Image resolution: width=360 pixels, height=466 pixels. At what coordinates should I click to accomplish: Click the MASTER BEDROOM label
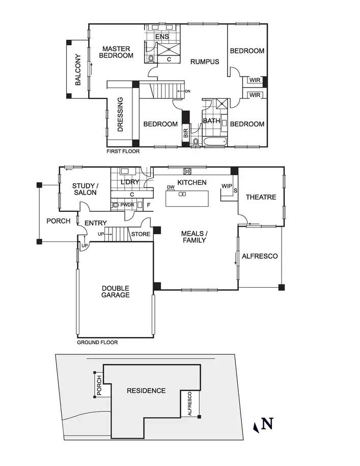(116, 52)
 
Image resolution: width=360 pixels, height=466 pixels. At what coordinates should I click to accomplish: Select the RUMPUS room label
(205, 62)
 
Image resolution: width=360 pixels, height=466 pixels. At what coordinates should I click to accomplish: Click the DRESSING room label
(121, 115)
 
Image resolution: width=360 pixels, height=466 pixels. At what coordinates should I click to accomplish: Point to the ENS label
(162, 37)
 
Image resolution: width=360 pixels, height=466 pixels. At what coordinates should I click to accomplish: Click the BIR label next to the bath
(186, 134)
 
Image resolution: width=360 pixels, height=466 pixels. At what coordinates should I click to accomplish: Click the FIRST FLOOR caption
(123, 151)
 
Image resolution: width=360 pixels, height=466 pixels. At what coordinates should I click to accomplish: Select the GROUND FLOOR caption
(97, 342)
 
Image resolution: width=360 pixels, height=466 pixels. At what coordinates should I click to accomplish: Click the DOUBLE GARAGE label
(115, 291)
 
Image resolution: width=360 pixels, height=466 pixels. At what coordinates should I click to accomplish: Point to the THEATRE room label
(261, 197)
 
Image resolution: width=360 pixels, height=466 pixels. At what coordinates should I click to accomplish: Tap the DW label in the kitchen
(171, 187)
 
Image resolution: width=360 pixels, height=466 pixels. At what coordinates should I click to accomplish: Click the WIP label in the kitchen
(227, 186)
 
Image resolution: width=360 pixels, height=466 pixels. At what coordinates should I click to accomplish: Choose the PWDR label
(127, 205)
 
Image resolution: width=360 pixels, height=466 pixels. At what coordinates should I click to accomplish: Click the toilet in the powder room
(116, 205)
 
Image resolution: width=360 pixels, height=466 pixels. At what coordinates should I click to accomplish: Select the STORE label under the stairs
(141, 235)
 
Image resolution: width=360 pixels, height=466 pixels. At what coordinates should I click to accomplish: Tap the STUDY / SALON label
(85, 189)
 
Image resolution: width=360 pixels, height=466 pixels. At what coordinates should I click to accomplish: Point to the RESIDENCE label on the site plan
(146, 391)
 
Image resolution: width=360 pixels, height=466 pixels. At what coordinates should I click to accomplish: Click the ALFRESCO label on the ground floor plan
(260, 256)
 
